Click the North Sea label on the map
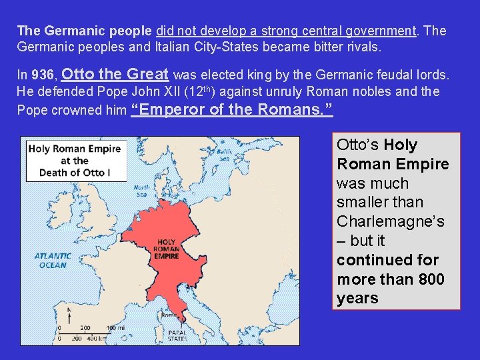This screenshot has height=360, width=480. (141, 190)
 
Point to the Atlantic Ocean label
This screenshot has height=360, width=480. (53, 260)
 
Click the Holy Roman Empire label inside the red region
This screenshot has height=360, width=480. (167, 249)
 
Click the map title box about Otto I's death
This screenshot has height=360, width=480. (75, 160)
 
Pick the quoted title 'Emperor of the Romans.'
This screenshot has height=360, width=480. (233, 110)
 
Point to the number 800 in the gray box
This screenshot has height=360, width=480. (431, 279)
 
